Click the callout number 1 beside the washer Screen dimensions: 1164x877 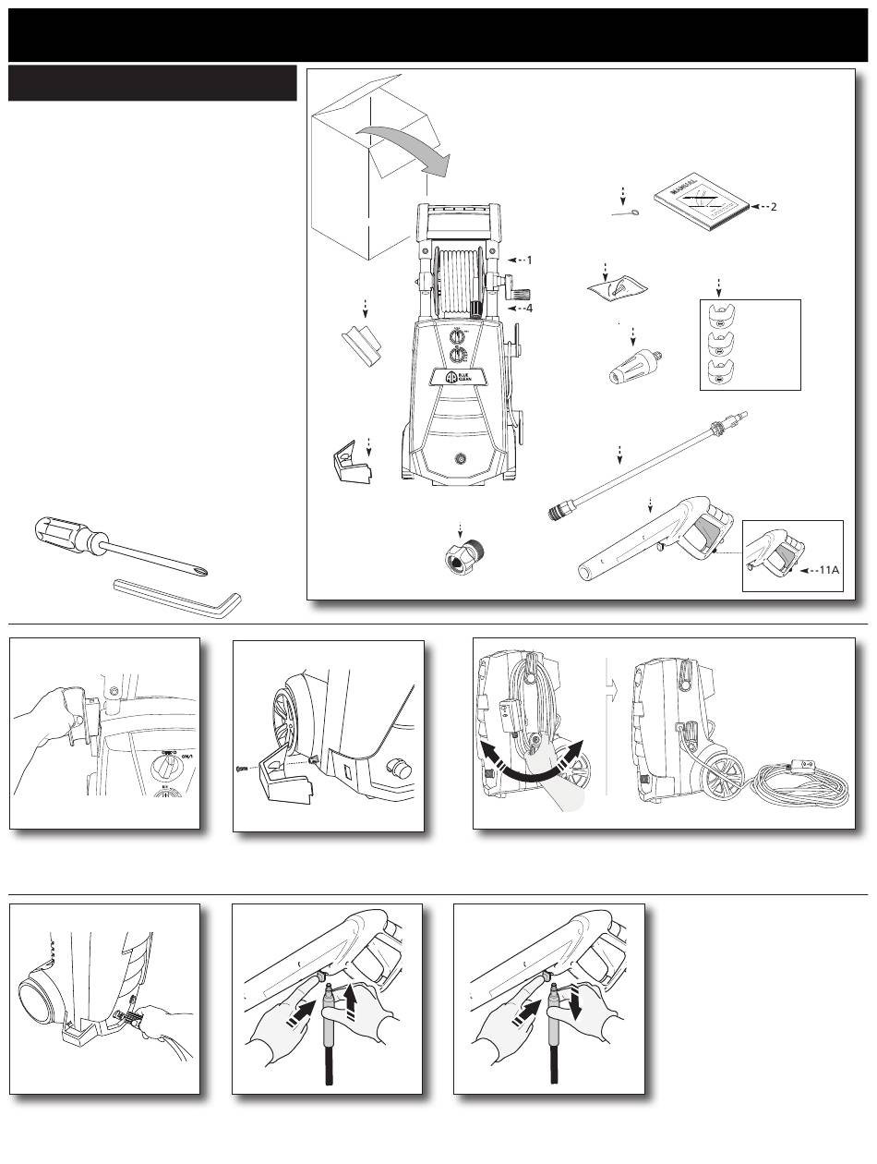529,261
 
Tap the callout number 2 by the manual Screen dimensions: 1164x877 774,207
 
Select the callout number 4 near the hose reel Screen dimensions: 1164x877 529,308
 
